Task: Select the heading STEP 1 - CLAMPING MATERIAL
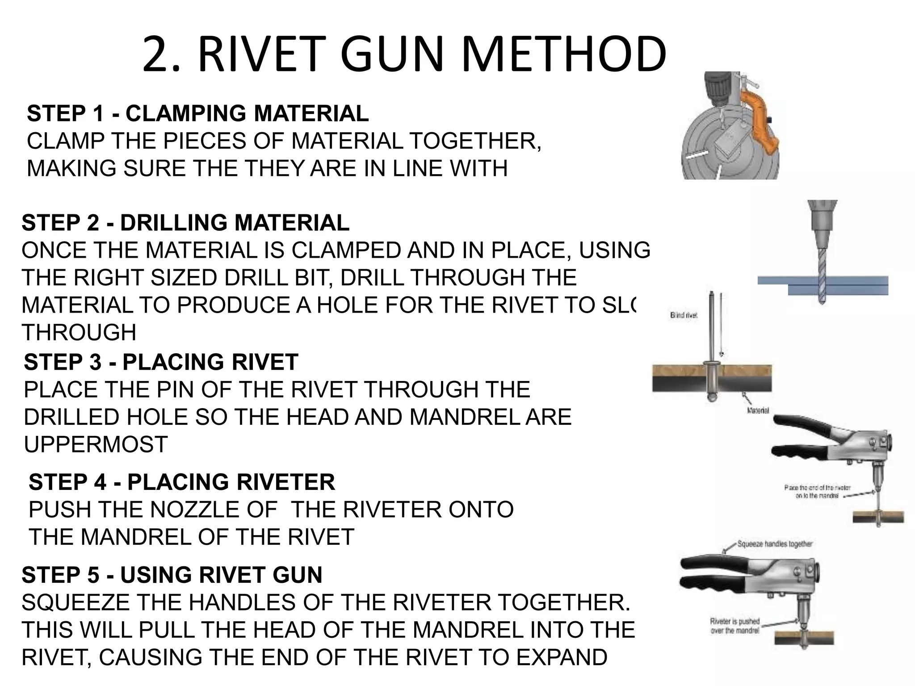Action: click(197, 113)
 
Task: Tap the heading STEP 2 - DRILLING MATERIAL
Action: click(185, 222)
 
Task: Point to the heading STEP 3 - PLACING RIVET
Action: click(161, 362)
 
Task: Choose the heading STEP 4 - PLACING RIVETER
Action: click(181, 482)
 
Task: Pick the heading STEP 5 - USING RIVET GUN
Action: click(172, 575)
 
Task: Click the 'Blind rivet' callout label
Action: click(684, 315)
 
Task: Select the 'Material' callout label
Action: click(758, 410)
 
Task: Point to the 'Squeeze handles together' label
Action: click(774, 544)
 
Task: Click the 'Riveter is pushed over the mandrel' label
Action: click(735, 626)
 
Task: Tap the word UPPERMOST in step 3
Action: click(96, 444)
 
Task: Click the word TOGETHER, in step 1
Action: click(475, 142)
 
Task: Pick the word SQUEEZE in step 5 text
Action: click(76, 602)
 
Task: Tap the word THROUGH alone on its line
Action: click(79, 333)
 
